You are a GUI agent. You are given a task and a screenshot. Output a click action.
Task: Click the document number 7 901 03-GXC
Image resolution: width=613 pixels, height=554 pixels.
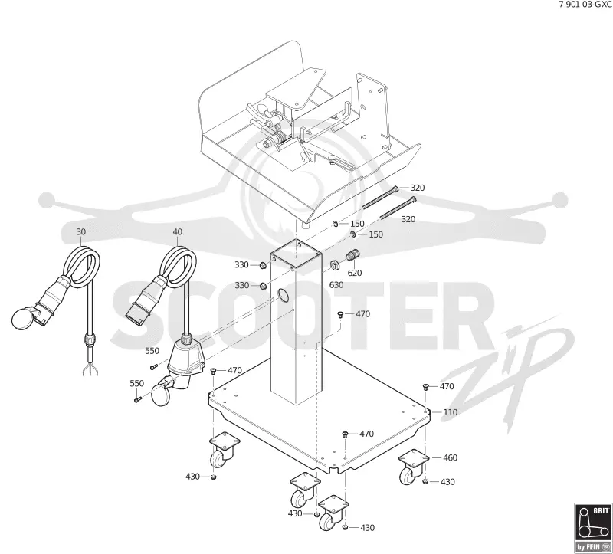(585, 5)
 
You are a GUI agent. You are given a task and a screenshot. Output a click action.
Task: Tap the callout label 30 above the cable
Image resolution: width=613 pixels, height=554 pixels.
(80, 232)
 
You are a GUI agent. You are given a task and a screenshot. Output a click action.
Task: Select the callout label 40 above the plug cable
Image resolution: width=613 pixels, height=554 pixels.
(178, 232)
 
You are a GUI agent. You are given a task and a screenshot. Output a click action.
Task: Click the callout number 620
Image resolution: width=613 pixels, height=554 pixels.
(355, 273)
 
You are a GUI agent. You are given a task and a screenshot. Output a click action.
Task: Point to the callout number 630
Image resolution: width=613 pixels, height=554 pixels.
(336, 284)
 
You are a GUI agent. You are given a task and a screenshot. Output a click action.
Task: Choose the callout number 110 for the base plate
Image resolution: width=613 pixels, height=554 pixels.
(450, 412)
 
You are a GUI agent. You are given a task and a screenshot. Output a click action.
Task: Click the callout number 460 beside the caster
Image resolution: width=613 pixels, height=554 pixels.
(450, 457)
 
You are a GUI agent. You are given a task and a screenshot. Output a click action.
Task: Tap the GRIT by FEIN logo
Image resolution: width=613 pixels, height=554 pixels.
(593, 528)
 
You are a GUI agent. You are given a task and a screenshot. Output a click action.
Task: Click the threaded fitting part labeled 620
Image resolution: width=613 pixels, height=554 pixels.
(352, 256)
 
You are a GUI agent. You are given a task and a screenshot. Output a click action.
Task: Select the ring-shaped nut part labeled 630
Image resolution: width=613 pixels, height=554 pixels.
(335, 265)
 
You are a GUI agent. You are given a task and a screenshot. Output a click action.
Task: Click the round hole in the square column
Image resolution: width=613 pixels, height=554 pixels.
(283, 295)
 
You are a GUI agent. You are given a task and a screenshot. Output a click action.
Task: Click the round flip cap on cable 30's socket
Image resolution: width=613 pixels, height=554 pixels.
(23, 318)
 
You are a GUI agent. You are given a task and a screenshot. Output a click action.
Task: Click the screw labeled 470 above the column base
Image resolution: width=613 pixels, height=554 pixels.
(340, 314)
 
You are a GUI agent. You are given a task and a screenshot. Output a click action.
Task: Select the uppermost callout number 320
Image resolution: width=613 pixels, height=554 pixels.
(418, 188)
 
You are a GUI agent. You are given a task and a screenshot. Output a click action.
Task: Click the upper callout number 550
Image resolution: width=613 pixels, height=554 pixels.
(152, 351)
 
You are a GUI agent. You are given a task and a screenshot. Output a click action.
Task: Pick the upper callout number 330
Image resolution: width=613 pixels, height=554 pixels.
(241, 264)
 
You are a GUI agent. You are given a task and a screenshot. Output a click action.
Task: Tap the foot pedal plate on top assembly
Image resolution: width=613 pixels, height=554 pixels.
(295, 88)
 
